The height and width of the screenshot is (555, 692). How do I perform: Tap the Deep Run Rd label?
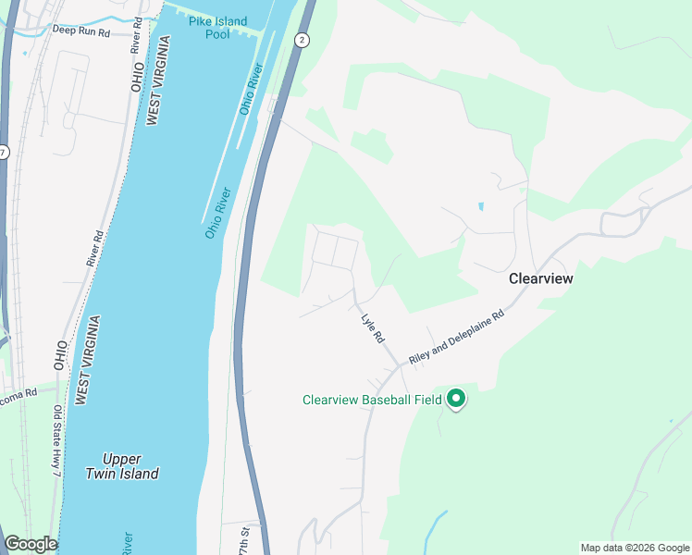click(81, 31)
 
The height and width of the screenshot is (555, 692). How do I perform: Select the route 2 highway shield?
click(302, 40)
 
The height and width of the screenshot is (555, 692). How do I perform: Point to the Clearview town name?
click(541, 277)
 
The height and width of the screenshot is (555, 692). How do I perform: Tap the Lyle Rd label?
click(372, 327)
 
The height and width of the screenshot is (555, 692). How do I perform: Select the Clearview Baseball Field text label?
click(372, 401)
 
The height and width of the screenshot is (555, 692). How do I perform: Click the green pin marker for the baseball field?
click(455, 399)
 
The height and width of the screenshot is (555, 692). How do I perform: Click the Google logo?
click(31, 544)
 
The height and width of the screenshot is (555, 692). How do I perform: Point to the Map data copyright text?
click(634, 548)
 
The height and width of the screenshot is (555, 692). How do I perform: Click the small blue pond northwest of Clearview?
click(480, 206)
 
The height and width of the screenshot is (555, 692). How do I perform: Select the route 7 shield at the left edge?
click(4, 151)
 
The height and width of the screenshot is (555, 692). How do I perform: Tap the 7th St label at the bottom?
click(245, 536)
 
